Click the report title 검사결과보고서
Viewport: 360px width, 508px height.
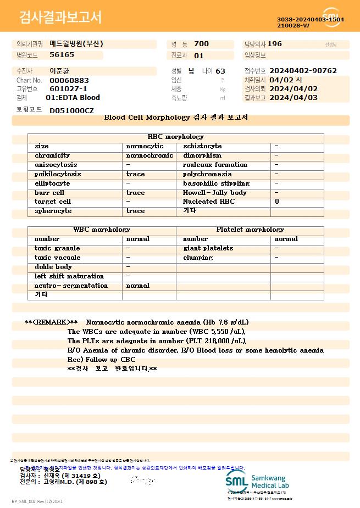60,18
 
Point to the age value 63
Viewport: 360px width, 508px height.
220,71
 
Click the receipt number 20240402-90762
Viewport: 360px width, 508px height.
303,71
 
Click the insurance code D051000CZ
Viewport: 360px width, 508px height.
71,111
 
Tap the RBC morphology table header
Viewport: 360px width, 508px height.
176,137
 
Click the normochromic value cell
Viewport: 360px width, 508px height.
149,155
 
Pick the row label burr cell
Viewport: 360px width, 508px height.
49,193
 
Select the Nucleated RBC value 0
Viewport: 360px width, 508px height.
277,202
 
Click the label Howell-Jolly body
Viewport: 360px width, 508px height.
215,193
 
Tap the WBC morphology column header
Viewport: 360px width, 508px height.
102,230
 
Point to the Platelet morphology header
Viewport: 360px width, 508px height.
250,230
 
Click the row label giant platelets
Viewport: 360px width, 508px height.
208,248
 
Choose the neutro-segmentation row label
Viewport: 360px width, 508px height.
71,286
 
